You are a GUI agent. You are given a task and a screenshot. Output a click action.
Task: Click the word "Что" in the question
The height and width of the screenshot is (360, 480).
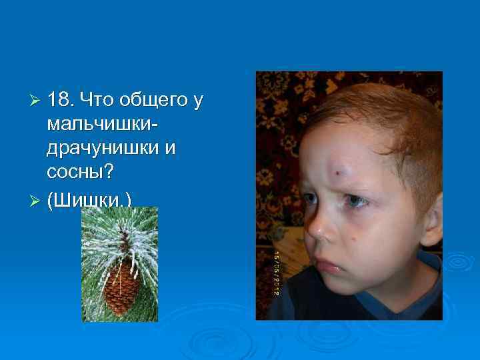[97, 101]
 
